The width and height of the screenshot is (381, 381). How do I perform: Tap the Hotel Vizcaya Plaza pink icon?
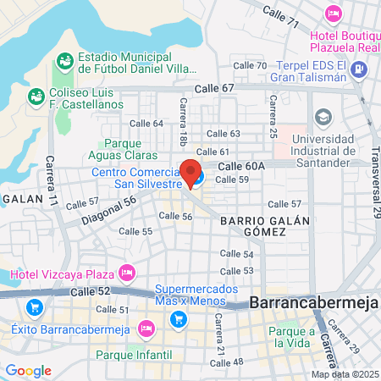127,273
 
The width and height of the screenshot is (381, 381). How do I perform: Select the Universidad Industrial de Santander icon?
323,116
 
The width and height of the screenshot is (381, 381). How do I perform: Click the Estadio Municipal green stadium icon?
63,61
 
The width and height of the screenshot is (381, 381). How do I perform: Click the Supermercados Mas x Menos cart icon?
178,319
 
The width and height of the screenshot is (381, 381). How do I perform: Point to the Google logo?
28,370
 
